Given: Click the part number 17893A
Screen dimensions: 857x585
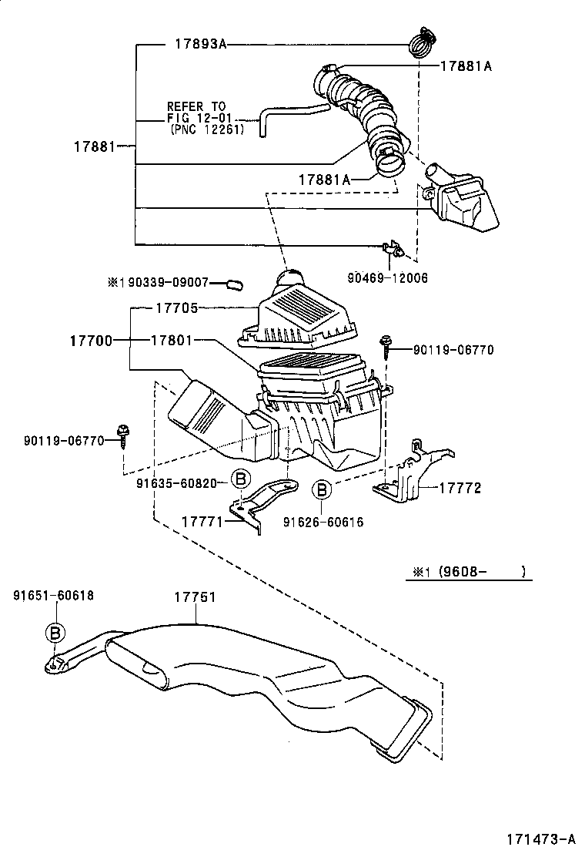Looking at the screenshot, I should pos(197,45).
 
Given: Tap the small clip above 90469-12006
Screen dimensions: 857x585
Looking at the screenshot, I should pos(393,250).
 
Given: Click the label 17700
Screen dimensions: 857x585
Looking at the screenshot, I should pos(92,340).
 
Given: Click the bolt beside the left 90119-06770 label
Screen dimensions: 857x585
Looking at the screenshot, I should pos(123,435).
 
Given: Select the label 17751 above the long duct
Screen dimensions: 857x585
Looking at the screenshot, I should pos(194,597).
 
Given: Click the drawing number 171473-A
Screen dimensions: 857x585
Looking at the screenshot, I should pos(540,839).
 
